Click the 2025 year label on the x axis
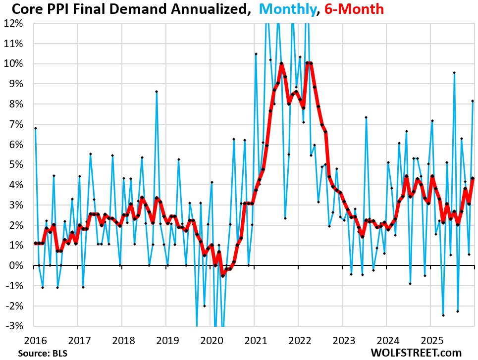pyautogui.click(x=429, y=341)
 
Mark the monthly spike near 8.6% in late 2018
pyautogui.click(x=157, y=92)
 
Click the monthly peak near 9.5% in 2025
pyautogui.click(x=454, y=73)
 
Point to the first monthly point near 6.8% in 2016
pyautogui.click(x=36, y=128)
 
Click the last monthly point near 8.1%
pyautogui.click(x=473, y=101)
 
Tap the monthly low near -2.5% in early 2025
pyautogui.click(x=443, y=315)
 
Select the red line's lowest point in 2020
pyautogui.click(x=223, y=275)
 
